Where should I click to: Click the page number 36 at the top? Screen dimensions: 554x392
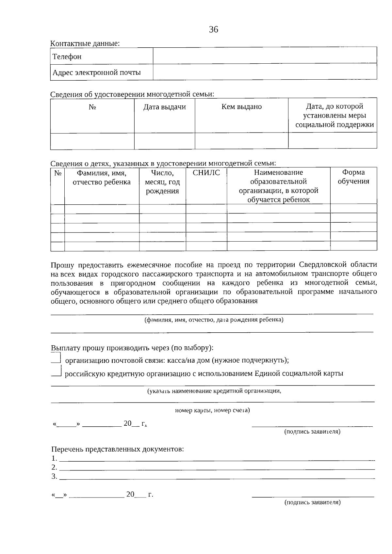(x=213, y=30)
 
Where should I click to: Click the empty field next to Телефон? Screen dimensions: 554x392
(x=265, y=55)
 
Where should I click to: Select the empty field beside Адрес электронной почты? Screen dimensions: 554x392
(x=265, y=72)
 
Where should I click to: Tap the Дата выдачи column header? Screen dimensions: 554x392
(x=165, y=107)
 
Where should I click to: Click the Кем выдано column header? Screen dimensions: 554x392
(x=241, y=107)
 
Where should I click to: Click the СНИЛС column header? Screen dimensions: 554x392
(x=206, y=173)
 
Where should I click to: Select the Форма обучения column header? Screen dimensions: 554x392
(x=353, y=177)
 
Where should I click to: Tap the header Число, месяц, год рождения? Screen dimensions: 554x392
(x=162, y=182)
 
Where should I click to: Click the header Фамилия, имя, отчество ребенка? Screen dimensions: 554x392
(x=102, y=177)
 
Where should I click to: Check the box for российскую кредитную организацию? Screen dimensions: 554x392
(x=56, y=372)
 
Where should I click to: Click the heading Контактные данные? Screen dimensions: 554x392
(x=85, y=43)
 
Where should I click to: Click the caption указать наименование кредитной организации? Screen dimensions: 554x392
(x=214, y=391)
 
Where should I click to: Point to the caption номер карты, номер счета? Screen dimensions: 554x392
(x=212, y=410)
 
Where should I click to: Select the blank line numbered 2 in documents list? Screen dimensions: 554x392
(x=216, y=467)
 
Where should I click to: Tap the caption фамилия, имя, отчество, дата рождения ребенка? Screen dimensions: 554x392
(x=214, y=320)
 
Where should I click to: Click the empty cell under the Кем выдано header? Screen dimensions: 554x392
(x=241, y=141)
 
